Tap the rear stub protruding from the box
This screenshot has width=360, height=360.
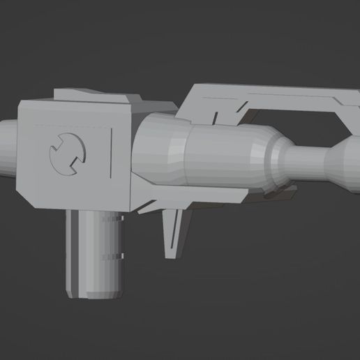pos(7,149)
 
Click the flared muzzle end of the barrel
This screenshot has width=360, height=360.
pos(347,159)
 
